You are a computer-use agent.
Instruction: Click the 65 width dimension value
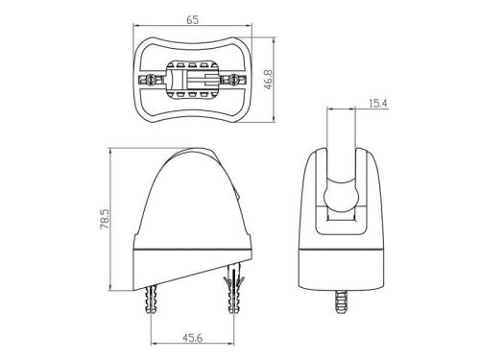pos(192,19)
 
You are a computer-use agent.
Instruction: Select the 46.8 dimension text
pos(268,80)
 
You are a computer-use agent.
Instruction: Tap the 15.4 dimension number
pos(378,104)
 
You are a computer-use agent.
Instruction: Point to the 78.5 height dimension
pos(105,219)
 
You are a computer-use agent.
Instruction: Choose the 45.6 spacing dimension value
pos(192,338)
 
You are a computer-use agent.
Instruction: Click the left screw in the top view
pos(150,79)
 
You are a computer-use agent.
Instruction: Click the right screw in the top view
pos(234,79)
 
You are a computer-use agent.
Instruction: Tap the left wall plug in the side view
pos(152,299)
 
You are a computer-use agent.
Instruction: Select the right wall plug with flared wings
pos(234,287)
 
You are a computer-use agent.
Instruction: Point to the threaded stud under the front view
pos(342,300)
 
